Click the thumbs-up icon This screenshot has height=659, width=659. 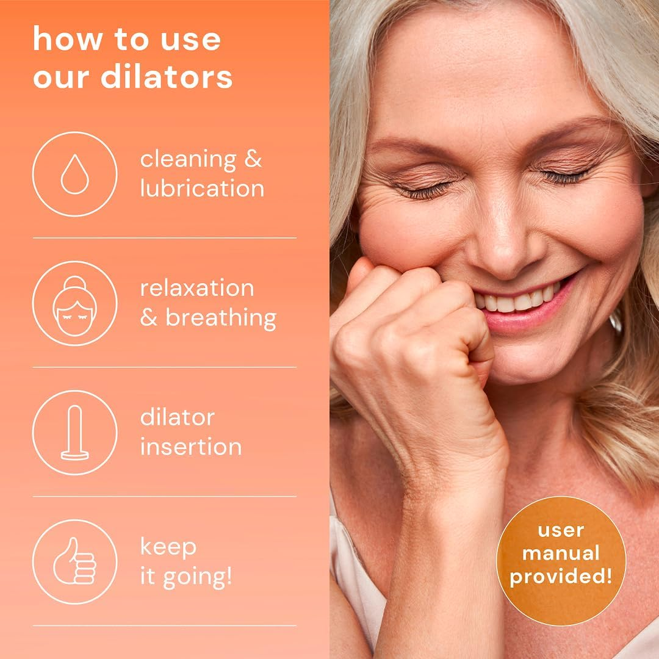coord(74,561)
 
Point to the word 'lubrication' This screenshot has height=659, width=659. coord(202,188)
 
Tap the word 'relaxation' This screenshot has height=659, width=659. coord(196,288)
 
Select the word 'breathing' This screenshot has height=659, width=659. coord(221,318)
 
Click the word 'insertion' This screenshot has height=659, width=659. coord(191,447)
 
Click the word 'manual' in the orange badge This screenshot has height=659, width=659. coord(561,553)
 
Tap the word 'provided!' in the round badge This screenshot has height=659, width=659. coord(561,577)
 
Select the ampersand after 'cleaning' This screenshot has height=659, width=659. coord(253,159)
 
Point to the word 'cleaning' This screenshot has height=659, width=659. coord(187,160)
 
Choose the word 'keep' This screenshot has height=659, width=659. coord(168,547)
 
